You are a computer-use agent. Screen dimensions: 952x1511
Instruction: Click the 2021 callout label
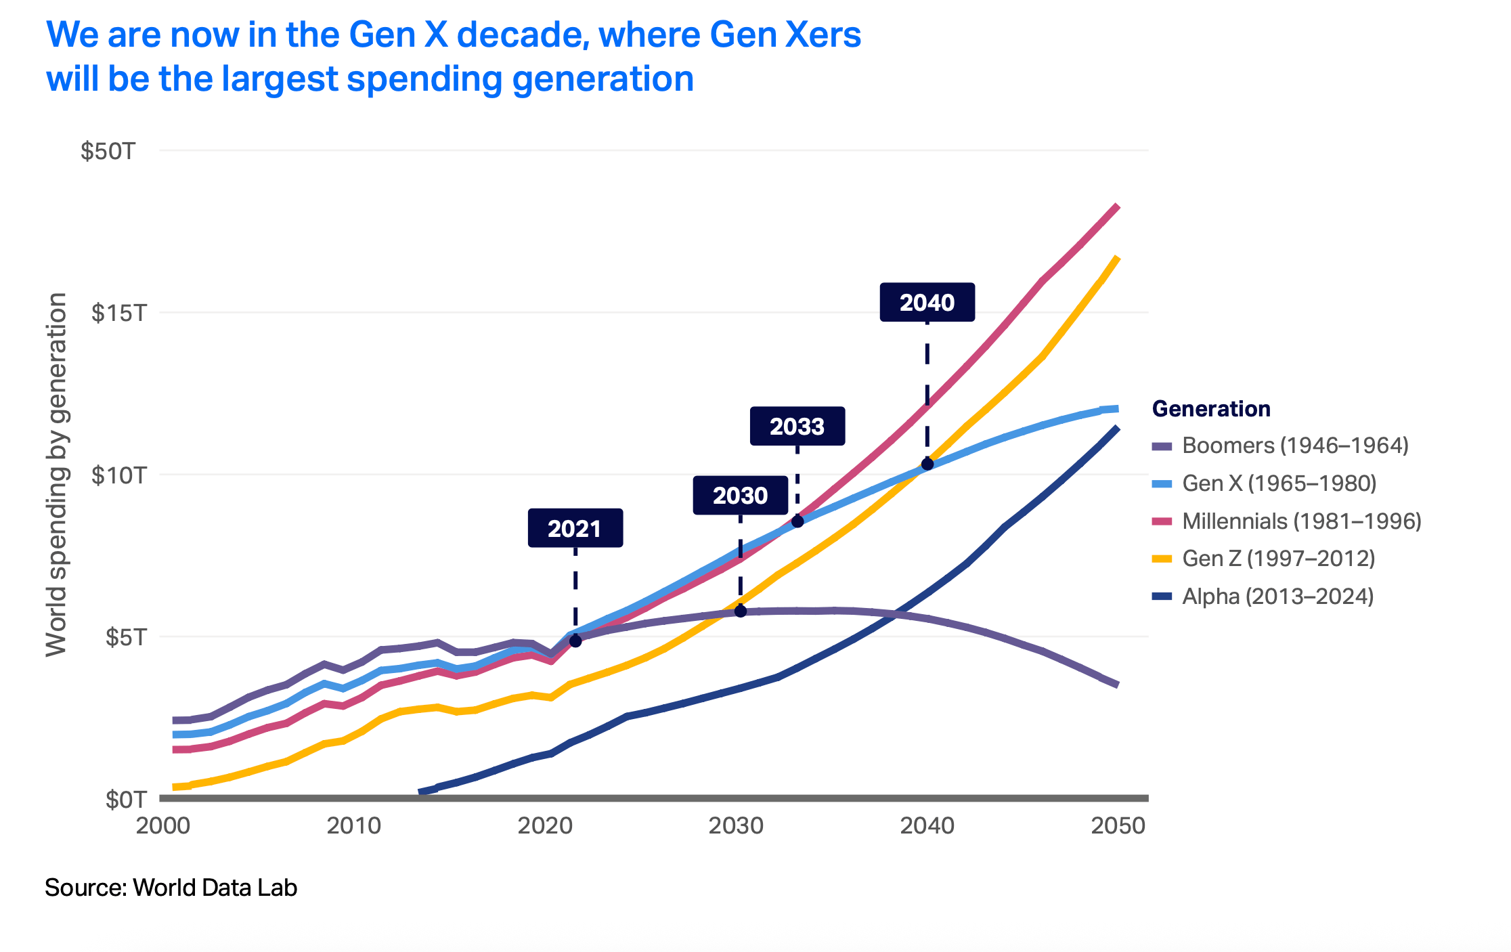tap(575, 528)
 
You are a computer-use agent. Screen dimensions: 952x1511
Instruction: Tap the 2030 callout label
tap(740, 496)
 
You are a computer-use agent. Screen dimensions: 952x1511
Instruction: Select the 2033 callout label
tap(797, 427)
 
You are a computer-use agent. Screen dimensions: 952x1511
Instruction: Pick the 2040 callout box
tap(927, 302)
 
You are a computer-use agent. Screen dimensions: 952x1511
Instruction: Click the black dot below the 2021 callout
tap(575, 641)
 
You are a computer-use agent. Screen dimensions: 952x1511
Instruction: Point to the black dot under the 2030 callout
tap(741, 611)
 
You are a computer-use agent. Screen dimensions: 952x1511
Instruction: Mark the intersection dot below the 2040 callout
tap(927, 464)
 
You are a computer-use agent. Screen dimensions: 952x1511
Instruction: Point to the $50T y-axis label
tap(108, 151)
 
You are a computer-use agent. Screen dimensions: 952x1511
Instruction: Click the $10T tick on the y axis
tap(119, 475)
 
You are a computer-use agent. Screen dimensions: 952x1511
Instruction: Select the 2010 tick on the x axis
tap(354, 826)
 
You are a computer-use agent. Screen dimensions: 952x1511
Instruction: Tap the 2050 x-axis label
tap(1118, 826)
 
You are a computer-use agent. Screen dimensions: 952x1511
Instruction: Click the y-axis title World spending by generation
tap(56, 474)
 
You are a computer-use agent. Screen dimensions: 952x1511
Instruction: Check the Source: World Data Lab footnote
tap(171, 888)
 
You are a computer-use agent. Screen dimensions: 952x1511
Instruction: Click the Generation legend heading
tap(1211, 409)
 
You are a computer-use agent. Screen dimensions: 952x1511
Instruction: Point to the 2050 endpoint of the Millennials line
tap(1117, 207)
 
